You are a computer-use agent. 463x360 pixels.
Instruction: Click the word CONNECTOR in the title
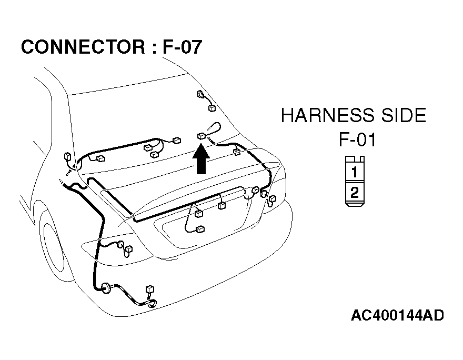[83, 47]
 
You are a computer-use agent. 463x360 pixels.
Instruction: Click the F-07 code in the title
[182, 47]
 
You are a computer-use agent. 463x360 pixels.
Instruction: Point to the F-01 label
[357, 139]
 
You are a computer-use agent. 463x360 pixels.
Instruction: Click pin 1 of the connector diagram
[354, 172]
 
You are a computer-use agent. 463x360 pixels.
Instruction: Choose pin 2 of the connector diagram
[354, 193]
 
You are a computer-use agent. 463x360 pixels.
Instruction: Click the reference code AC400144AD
[397, 315]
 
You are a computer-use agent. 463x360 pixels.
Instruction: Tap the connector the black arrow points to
[202, 136]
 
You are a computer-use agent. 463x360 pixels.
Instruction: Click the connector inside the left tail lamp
[129, 249]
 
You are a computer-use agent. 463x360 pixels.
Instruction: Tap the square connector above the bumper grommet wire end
[150, 289]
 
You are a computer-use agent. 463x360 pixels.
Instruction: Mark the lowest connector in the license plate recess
[200, 229]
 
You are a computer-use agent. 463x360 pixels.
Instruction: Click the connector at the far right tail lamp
[272, 199]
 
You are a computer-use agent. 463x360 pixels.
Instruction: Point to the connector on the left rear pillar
[68, 156]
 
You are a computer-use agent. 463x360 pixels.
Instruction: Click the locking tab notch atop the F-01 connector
[355, 159]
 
